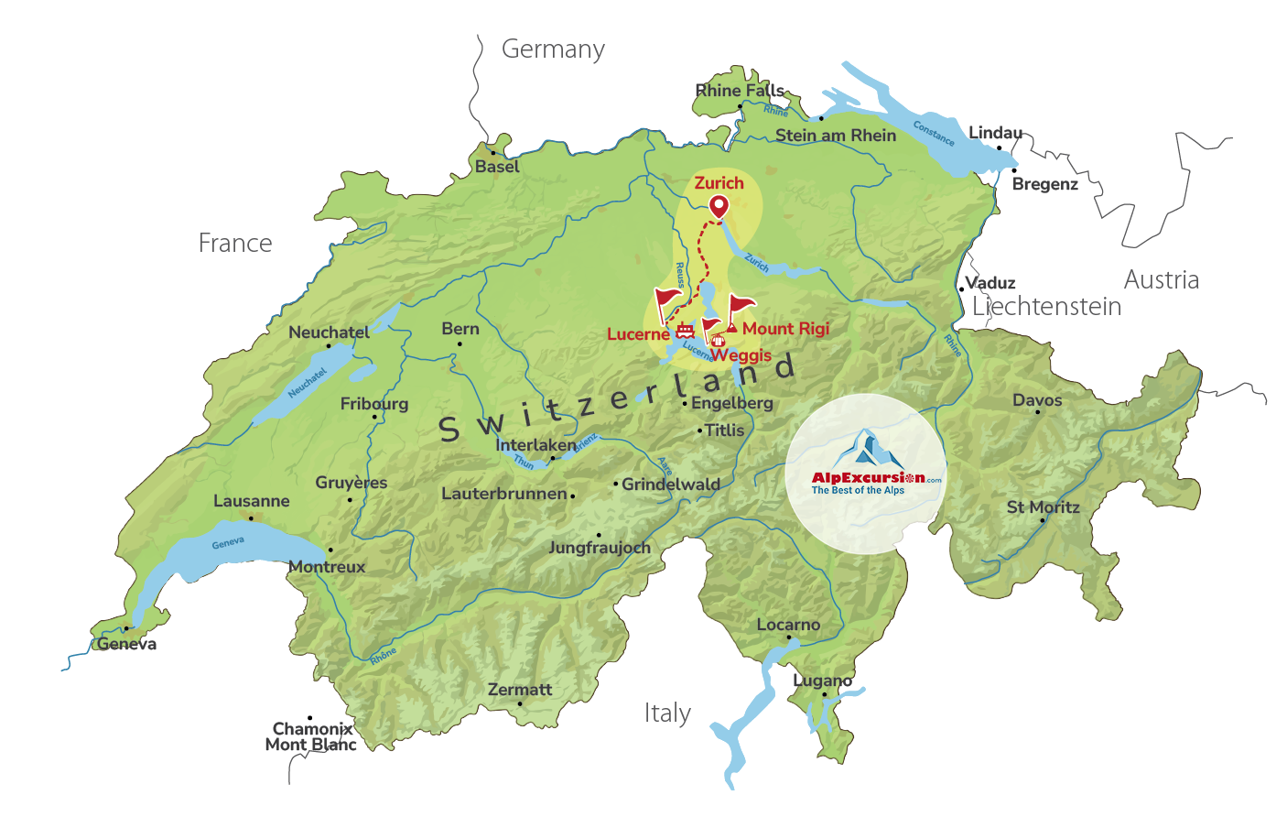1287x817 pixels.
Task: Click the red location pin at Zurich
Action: coord(719,206)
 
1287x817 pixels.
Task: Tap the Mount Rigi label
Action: coord(785,329)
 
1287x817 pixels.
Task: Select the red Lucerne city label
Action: coord(638,334)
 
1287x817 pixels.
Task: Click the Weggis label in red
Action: coord(741,355)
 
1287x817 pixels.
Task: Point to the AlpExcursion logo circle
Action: coord(865,474)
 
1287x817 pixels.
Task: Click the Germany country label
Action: coord(553,49)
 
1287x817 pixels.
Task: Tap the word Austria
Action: coord(1161,280)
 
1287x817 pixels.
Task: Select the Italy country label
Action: coord(667,714)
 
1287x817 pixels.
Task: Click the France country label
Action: coord(235,244)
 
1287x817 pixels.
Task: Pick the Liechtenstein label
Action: coord(1046,307)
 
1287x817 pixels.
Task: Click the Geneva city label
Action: coord(127,645)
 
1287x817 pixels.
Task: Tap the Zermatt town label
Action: coord(520,690)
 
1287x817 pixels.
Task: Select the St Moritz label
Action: coord(1043,507)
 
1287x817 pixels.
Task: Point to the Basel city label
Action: coord(497,167)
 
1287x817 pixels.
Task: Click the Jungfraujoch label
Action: coord(599,548)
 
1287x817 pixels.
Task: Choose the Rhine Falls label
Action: coord(739,91)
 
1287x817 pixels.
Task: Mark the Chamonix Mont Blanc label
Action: coord(311,736)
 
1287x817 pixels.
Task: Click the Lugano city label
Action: coord(822,681)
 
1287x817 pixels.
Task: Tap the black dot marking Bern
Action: coord(460,344)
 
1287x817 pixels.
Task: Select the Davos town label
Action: coord(1037,400)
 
